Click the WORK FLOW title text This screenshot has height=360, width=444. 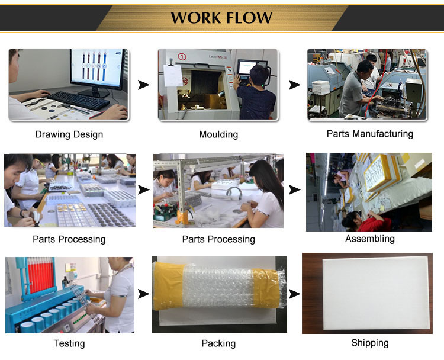tap(221, 18)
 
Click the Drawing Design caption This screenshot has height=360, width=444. tap(69, 134)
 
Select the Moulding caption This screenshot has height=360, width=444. tap(218, 134)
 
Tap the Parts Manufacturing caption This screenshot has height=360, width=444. tap(370, 134)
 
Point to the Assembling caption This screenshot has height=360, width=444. tap(370, 239)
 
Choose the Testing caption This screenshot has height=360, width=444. tap(69, 343)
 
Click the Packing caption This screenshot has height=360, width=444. tap(218, 343)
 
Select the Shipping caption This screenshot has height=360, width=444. tap(370, 343)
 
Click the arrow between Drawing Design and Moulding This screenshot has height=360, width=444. tap(144, 85)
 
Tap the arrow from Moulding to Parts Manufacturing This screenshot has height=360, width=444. tap(294, 85)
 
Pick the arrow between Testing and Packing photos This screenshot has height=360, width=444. tap(144, 294)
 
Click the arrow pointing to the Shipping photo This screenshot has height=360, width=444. tap(294, 294)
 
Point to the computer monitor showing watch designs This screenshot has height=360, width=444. tap(97, 69)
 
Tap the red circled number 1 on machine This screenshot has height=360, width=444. tap(182, 57)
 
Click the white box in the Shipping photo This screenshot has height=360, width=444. tap(376, 293)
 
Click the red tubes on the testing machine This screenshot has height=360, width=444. tap(41, 278)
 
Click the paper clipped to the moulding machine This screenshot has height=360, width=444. tap(173, 76)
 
